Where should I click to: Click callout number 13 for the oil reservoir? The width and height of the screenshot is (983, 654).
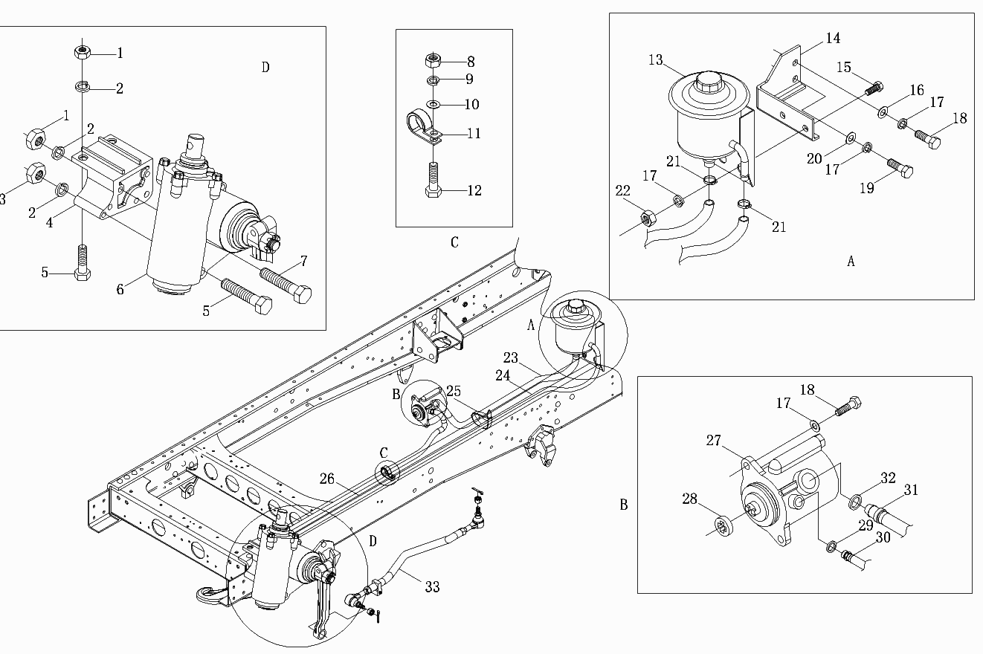point(655,59)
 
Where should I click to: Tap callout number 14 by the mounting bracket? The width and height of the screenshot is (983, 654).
point(833,38)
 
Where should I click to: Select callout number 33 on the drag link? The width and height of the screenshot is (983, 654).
point(432,586)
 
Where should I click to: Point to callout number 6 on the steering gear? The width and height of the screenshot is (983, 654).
point(120,290)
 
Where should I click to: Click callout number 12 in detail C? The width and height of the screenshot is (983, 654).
point(474,190)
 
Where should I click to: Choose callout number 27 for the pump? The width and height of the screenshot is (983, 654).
point(714,441)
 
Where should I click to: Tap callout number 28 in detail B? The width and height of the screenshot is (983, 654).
point(689,499)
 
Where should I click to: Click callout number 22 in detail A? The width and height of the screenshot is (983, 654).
point(622,190)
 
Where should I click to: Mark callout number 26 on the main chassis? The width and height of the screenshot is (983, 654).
point(327,479)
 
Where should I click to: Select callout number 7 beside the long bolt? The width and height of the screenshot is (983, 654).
point(303,262)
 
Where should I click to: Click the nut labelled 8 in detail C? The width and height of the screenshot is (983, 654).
point(433,60)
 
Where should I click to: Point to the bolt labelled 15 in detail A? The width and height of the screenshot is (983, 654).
point(874,88)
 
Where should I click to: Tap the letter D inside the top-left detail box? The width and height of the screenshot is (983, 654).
point(265,67)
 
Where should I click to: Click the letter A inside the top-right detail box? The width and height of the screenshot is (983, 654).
point(851,262)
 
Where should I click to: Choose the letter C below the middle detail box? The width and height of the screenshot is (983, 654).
point(454,242)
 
